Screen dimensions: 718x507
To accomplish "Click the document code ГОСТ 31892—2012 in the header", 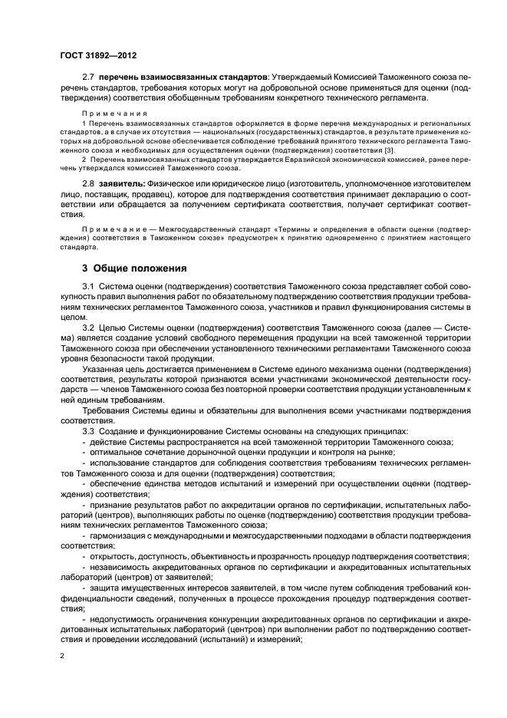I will pyautogui.click(x=97, y=56).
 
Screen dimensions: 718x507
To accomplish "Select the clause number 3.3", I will pyautogui.click(x=87, y=430).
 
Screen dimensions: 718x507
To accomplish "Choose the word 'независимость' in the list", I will pyautogui.click(x=119, y=567).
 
